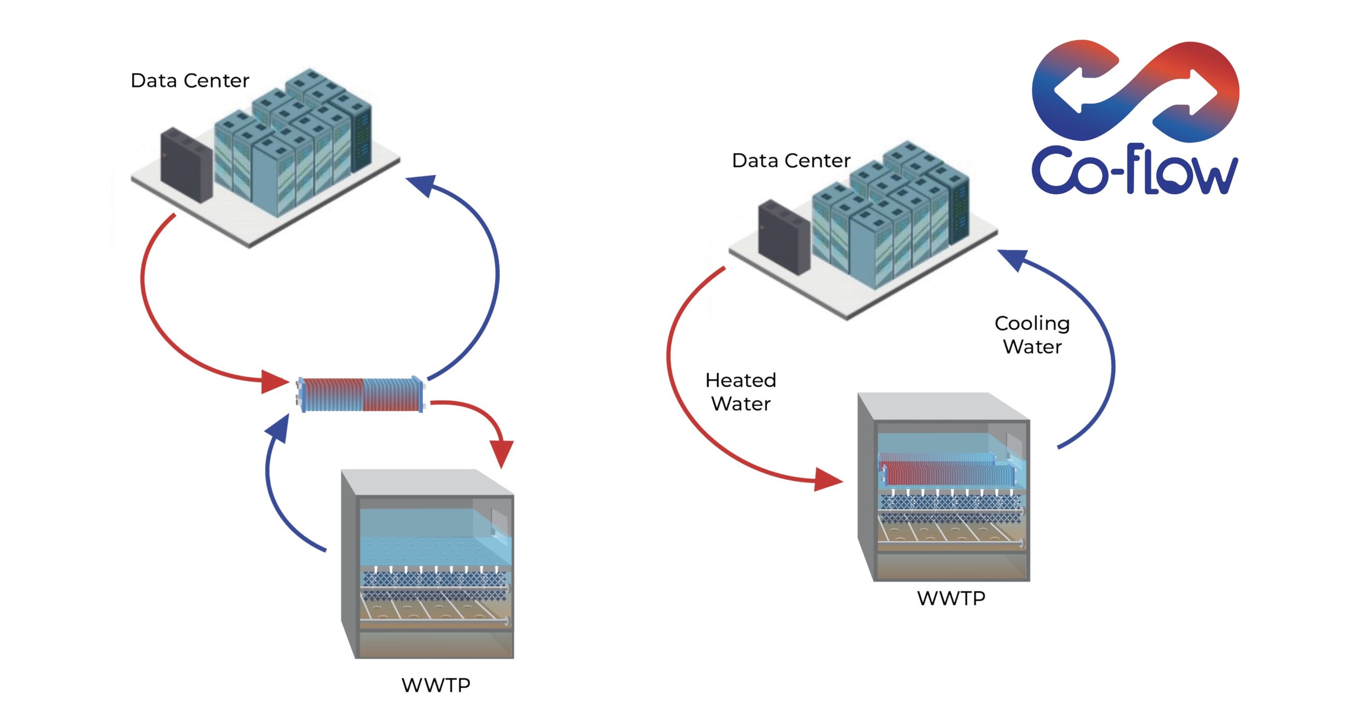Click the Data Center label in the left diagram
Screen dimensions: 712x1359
tap(189, 81)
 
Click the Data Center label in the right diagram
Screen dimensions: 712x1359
tap(791, 161)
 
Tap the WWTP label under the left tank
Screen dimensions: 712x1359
tap(436, 685)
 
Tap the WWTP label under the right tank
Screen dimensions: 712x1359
tap(951, 598)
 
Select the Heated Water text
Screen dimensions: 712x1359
tap(741, 392)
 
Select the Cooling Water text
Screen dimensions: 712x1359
tap(1032, 335)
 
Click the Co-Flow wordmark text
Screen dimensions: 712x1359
tap(1134, 170)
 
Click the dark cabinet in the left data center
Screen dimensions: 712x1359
tap(186, 164)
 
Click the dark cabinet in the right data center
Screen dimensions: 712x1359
tap(783, 237)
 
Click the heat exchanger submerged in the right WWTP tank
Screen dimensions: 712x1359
tap(947, 469)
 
